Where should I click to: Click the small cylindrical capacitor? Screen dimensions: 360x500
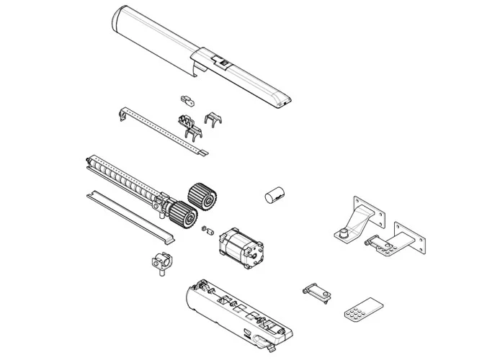click(274, 196)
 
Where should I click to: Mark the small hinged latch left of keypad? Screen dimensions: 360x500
click(317, 291)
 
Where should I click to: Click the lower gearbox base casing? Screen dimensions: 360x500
click(231, 310)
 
